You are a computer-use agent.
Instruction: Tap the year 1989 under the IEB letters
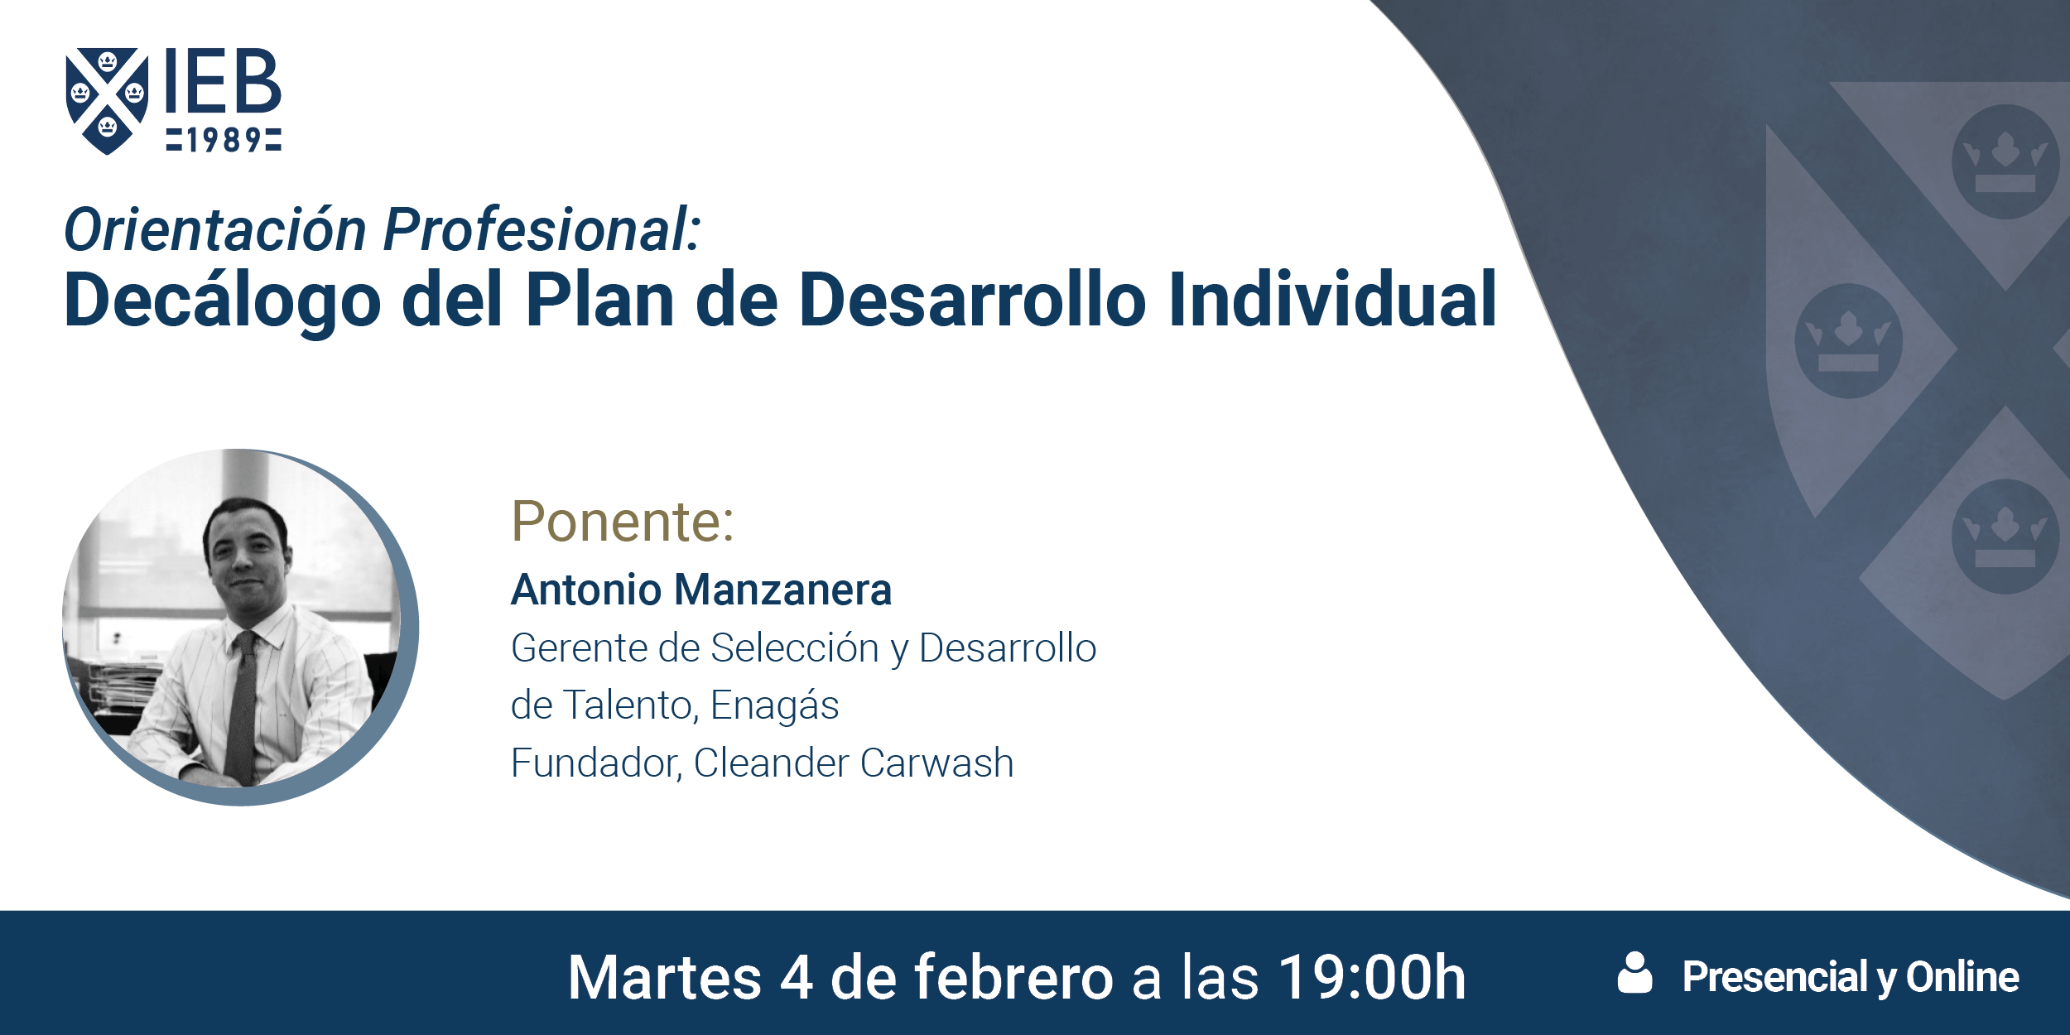(x=224, y=140)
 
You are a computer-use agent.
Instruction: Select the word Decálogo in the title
(x=222, y=300)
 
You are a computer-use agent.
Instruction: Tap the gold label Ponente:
(x=623, y=521)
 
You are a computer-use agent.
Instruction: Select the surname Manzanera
(x=782, y=590)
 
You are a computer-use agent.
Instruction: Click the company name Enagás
(x=774, y=706)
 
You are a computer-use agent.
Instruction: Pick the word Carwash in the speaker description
(x=936, y=763)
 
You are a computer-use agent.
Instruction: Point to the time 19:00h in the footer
(x=1372, y=978)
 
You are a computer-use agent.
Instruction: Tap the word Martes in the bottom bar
(x=664, y=978)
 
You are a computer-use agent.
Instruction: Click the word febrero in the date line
(x=1013, y=978)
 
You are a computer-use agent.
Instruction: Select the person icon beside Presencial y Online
(x=1634, y=972)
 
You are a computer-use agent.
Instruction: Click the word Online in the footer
(x=1962, y=977)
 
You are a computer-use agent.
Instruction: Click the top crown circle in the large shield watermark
(x=2005, y=161)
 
